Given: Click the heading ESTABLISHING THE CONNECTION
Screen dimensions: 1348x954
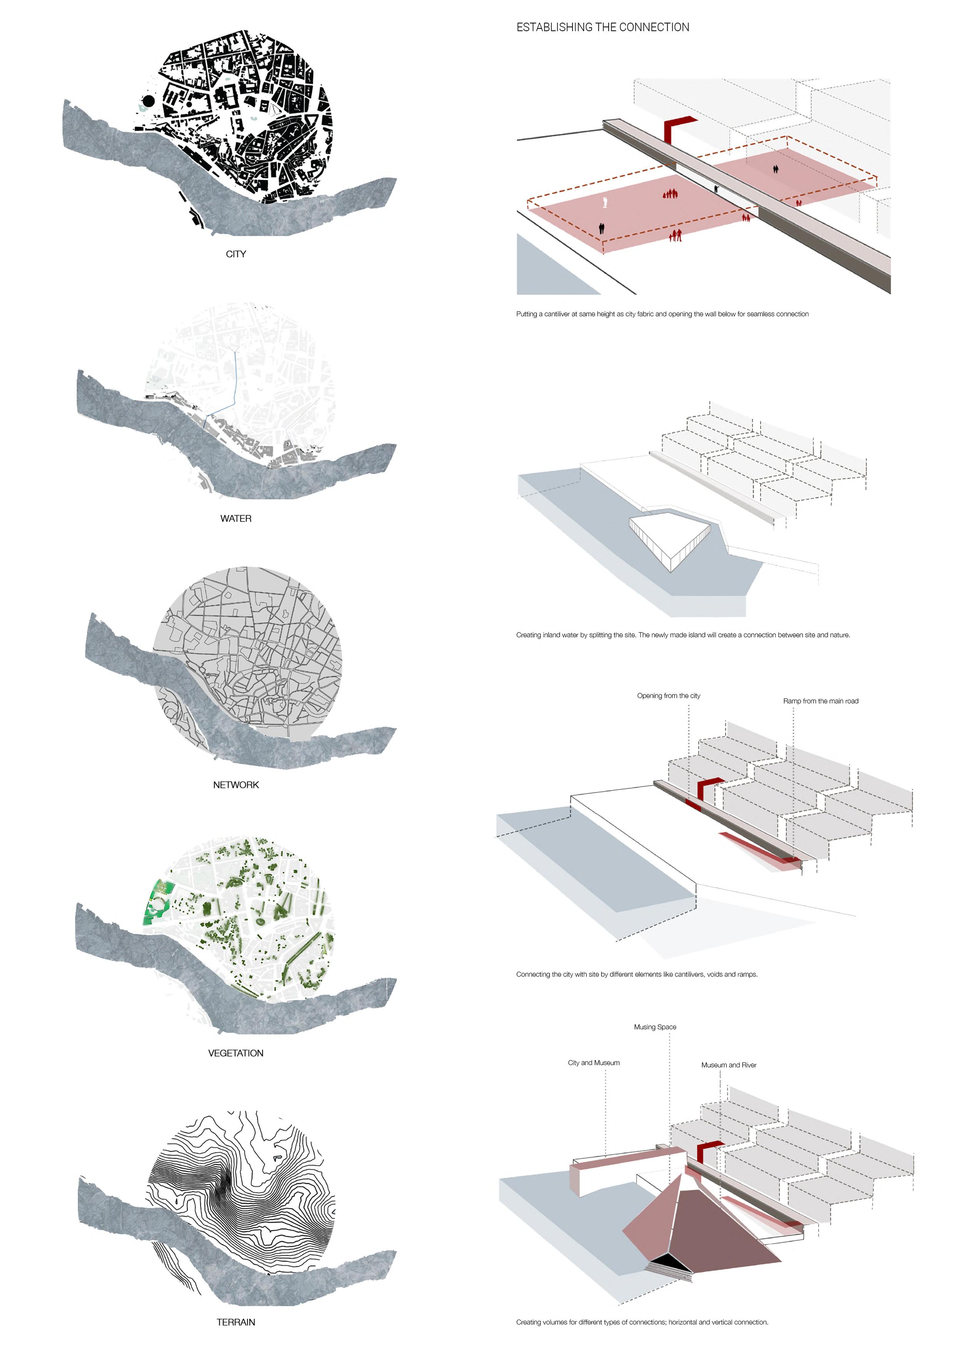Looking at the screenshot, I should coord(602,27).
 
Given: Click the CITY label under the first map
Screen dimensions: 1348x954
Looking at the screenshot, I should coord(236,254).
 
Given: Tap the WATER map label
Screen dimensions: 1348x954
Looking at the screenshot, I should coord(236,518).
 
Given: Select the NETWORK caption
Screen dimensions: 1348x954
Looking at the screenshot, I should coord(236,785).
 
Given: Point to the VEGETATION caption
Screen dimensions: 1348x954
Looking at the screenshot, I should coord(236,1053).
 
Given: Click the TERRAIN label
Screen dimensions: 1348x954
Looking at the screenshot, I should coord(236,1322).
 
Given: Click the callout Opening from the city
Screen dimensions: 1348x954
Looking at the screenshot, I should coord(669,696).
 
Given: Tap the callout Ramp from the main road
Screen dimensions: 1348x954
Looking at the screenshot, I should coord(820,701).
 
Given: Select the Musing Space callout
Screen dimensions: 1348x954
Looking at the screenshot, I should coord(655,1027).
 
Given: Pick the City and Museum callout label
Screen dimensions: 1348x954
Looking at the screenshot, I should coord(593,1062).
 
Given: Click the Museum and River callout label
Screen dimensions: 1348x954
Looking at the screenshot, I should coord(728,1065).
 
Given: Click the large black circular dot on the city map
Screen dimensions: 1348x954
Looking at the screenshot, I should coord(149,101).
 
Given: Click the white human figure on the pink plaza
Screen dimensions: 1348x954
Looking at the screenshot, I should coord(605,203).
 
